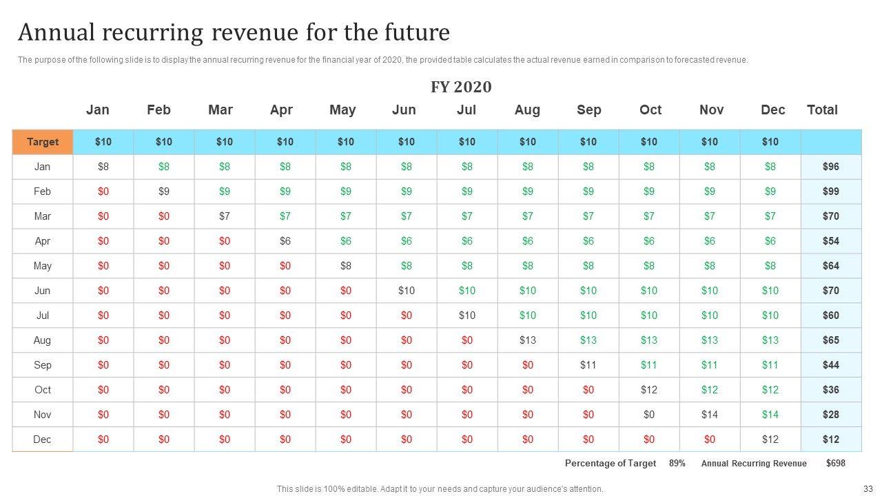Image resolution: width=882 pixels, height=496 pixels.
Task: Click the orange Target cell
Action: click(43, 142)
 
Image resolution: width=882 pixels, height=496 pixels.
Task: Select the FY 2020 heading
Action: click(461, 87)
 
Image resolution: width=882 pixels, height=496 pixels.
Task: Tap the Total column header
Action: click(822, 110)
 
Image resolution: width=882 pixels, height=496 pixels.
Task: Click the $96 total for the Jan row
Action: click(831, 167)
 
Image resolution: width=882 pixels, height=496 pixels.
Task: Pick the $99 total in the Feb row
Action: click(831, 192)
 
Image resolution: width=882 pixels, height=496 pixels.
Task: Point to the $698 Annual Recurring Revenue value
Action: click(835, 464)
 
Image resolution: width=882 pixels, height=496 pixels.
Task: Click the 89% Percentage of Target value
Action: click(677, 464)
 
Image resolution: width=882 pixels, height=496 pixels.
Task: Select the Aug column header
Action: click(527, 110)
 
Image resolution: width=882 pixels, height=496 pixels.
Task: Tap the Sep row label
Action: click(43, 365)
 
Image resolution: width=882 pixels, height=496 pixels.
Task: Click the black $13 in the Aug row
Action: click(527, 340)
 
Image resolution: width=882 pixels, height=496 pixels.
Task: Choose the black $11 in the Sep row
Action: click(588, 365)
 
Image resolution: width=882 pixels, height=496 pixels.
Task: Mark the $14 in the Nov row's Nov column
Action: click(709, 415)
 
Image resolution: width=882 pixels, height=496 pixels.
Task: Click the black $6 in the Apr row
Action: click(285, 241)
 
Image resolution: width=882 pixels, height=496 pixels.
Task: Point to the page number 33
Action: click(868, 489)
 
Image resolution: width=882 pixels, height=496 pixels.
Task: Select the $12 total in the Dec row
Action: click(831, 440)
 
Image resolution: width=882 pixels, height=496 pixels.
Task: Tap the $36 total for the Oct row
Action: click(831, 390)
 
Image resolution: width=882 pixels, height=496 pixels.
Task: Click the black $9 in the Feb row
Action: click(164, 192)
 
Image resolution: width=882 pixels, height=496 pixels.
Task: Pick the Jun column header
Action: click(404, 110)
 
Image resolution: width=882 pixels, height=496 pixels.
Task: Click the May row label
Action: click(43, 266)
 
